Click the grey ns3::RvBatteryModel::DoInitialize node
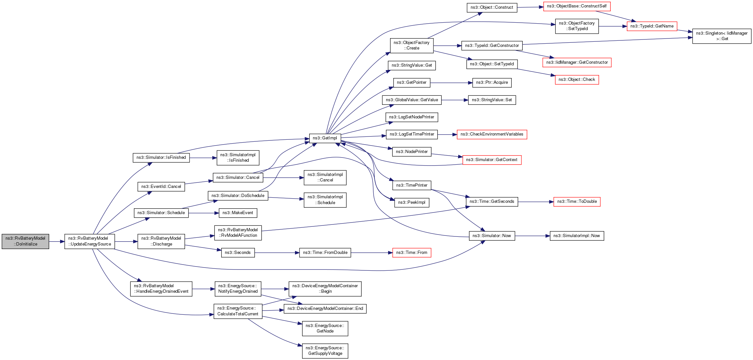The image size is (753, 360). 26,241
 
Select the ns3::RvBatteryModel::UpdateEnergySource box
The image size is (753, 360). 90,241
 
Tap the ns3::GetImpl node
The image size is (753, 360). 325,138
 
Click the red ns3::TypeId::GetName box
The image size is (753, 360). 652,26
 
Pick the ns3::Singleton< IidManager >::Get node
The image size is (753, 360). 722,36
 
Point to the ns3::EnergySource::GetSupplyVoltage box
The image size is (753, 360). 325,351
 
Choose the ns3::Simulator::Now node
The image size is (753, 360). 492,236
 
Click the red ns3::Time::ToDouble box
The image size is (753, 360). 577,202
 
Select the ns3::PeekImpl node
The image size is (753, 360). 412,202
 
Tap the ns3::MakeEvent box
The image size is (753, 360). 238,213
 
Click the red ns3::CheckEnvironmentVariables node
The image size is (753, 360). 492,134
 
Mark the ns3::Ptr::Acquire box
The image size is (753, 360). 492,82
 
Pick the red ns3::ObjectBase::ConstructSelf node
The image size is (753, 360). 577,6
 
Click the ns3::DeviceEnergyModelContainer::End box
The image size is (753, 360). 325,309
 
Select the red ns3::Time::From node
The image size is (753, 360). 411,253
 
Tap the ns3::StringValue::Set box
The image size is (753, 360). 492,100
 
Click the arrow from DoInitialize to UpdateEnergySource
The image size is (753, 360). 57,242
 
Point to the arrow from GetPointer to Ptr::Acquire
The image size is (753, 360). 451,83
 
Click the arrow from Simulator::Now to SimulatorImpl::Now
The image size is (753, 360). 532,236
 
